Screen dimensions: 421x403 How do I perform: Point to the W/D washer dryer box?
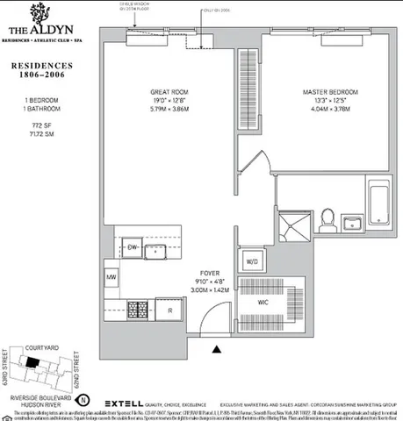tap(251, 260)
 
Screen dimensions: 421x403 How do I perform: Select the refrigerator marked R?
tap(169, 310)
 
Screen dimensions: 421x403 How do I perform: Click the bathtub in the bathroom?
tap(379, 204)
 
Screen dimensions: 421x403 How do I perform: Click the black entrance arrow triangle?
tap(217, 349)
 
